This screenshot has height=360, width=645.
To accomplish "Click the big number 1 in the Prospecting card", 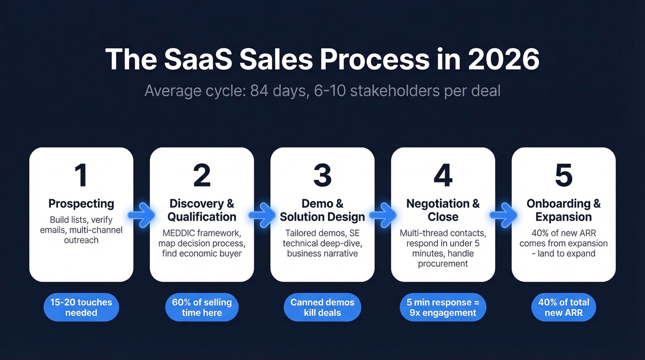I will coord(81,176).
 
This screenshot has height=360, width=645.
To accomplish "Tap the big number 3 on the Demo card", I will coord(322,176).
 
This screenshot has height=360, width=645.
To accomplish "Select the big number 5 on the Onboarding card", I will coord(563,176).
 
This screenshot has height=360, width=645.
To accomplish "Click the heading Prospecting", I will coord(81,203).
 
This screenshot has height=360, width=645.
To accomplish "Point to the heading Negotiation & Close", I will coord(443,210).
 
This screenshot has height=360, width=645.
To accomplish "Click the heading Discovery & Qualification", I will coord(202,210).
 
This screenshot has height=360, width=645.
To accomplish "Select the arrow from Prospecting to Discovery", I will coord(141,215).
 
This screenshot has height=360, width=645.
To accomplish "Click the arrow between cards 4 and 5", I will coord(504,215).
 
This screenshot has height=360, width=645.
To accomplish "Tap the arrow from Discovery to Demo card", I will coord(262,215).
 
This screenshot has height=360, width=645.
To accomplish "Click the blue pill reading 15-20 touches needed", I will coord(81,307).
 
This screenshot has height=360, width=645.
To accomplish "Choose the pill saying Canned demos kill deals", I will coord(322,307).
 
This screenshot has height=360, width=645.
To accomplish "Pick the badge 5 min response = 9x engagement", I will coord(443,307).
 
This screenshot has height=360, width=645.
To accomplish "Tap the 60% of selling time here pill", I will coord(202,307).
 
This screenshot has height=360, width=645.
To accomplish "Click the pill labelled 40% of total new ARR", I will coord(563,307).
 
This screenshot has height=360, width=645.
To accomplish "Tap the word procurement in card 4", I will coord(443,264).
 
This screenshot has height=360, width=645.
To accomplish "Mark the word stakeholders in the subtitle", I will coord(394,91).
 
